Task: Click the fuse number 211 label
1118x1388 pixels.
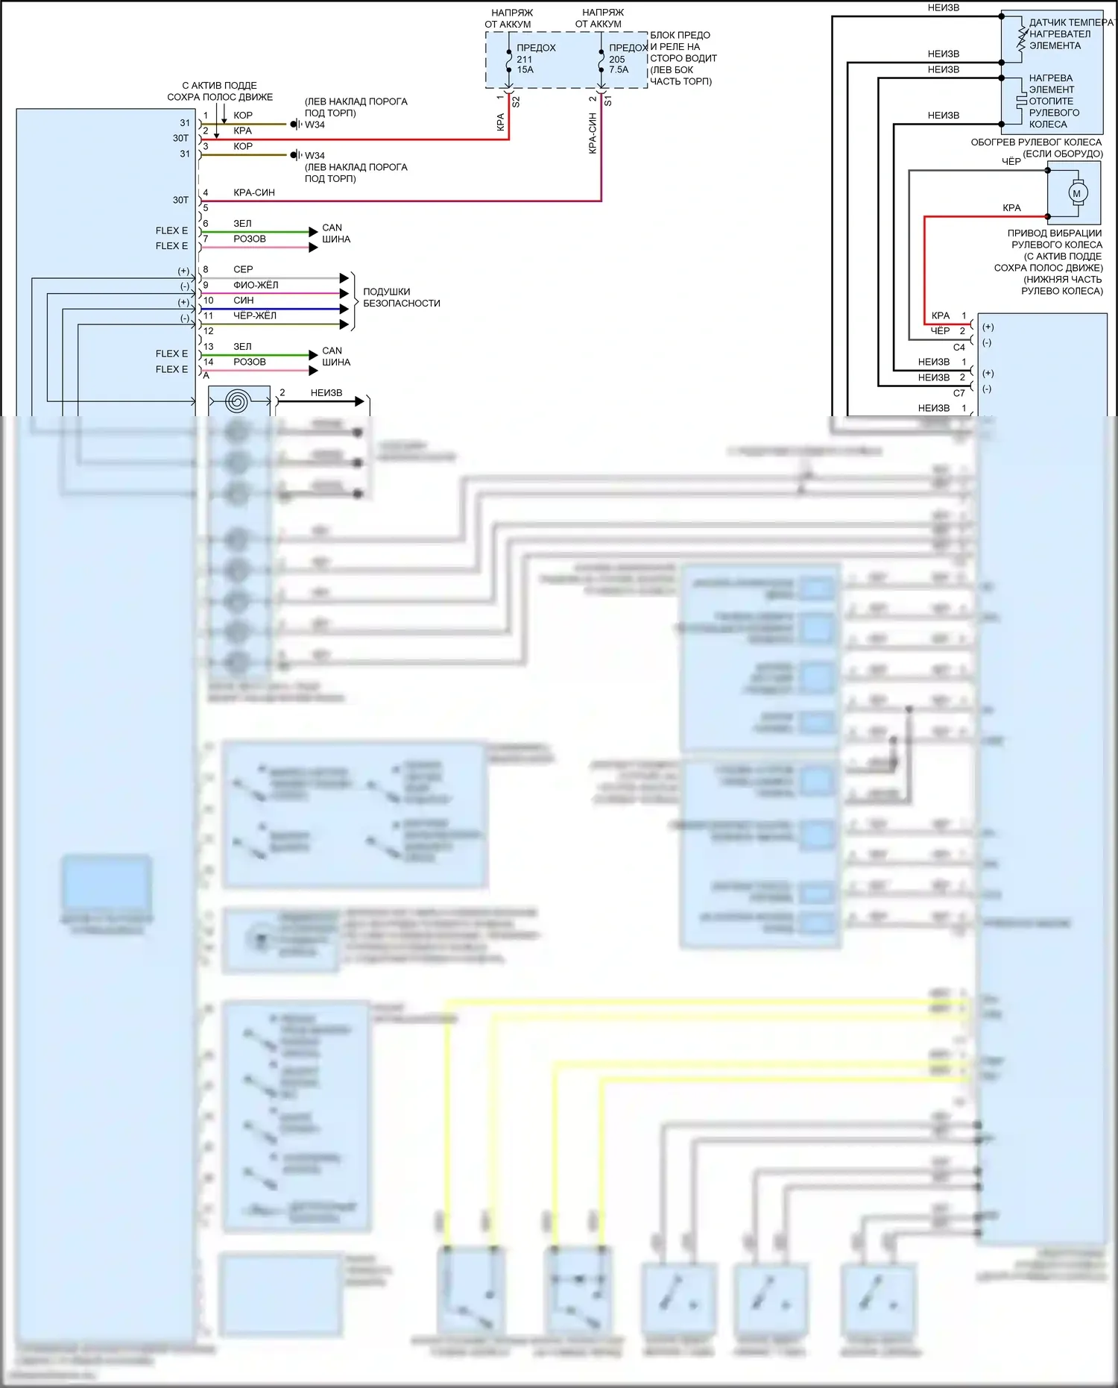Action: pyautogui.click(x=525, y=60)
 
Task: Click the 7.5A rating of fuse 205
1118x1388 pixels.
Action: pyautogui.click(x=619, y=70)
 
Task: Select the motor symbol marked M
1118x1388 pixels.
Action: pyautogui.click(x=1076, y=193)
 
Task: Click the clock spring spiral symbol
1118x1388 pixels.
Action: pyautogui.click(x=237, y=402)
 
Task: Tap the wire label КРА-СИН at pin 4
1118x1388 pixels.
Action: pyautogui.click(x=254, y=192)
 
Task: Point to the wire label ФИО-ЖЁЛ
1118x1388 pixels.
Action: pyautogui.click(x=256, y=285)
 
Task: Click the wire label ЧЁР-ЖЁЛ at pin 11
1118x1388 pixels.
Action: pyautogui.click(x=255, y=315)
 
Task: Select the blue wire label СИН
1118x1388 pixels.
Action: pyautogui.click(x=244, y=301)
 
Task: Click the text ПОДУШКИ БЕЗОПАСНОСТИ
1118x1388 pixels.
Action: pyautogui.click(x=401, y=298)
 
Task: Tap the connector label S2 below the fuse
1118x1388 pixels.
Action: pyautogui.click(x=516, y=101)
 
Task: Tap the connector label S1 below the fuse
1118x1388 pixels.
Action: pyautogui.click(x=607, y=101)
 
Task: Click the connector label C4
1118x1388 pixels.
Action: pyautogui.click(x=959, y=348)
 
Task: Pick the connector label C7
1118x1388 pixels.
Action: pyautogui.click(x=959, y=393)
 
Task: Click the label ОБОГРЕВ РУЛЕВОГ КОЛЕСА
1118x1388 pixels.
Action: pyautogui.click(x=1036, y=142)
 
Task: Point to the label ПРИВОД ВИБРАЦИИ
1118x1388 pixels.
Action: pyautogui.click(x=1055, y=233)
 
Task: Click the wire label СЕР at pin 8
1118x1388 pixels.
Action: pyautogui.click(x=243, y=269)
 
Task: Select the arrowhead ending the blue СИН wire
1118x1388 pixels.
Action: pyautogui.click(x=344, y=309)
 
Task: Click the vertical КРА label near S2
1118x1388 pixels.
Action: pyautogui.click(x=501, y=122)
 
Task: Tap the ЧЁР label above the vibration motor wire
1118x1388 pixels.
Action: pyautogui.click(x=1011, y=162)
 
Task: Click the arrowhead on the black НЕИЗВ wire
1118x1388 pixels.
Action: pyautogui.click(x=360, y=402)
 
